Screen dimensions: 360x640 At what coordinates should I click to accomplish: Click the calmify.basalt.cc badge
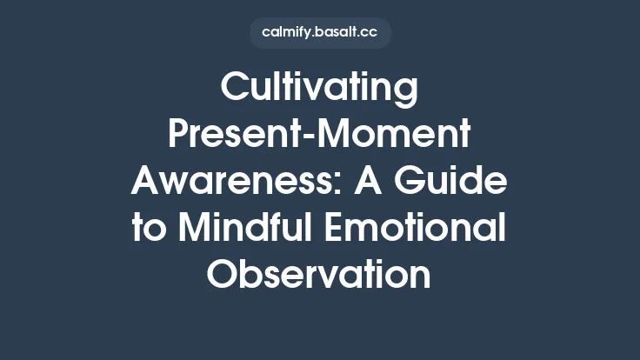[320, 33]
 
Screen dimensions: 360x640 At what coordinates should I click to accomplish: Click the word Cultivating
[320, 89]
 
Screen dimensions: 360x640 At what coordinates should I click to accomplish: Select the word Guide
[466, 182]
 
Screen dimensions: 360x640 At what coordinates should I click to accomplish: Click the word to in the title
[149, 229]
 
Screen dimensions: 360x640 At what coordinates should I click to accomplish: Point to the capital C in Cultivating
[235, 89]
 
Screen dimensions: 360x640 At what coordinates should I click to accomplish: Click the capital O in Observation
[224, 276]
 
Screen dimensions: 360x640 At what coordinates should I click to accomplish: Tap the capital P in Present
[177, 136]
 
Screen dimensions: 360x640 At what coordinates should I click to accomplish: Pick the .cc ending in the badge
[367, 33]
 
